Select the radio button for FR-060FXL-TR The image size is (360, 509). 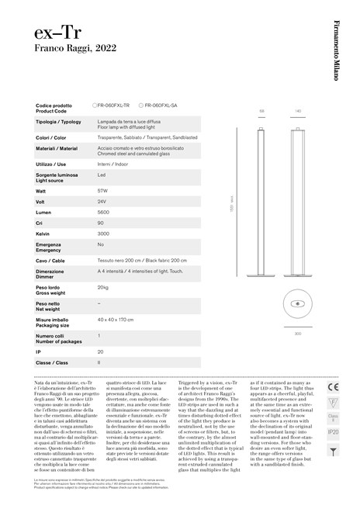93,105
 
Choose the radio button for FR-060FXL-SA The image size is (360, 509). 140,105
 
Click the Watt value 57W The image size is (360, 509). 102,189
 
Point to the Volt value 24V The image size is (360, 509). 102,200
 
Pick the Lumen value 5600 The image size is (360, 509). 102,211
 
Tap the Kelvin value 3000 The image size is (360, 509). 102,233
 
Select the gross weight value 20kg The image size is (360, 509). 102,288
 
